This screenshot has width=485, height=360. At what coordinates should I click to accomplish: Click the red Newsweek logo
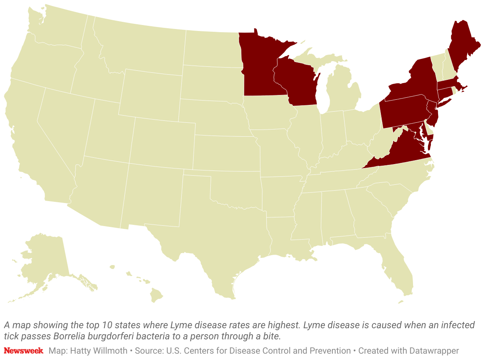pyautogui.click(x=23, y=351)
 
